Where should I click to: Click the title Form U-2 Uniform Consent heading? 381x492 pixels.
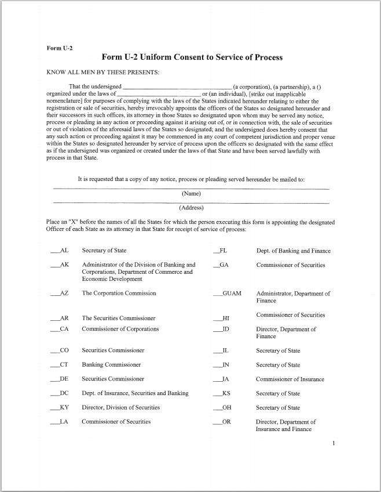point(192,57)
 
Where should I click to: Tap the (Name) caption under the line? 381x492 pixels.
point(191,194)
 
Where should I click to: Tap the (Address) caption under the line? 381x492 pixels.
point(191,208)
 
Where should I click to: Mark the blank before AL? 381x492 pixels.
point(54,252)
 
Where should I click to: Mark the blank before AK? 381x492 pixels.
point(54,266)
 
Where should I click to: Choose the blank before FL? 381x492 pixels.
point(217,252)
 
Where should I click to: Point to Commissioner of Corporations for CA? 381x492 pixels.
point(120,330)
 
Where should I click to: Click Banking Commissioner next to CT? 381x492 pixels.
point(111,365)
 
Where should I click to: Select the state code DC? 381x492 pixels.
point(64,393)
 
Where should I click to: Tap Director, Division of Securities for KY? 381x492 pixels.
point(120,408)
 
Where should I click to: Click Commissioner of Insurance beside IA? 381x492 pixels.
point(290,379)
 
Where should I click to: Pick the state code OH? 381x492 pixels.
point(227,408)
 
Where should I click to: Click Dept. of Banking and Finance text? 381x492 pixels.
point(293,251)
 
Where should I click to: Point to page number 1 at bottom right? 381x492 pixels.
point(334,444)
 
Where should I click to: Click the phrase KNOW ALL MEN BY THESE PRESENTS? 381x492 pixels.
point(102,73)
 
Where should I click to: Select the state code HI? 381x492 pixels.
point(226,319)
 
